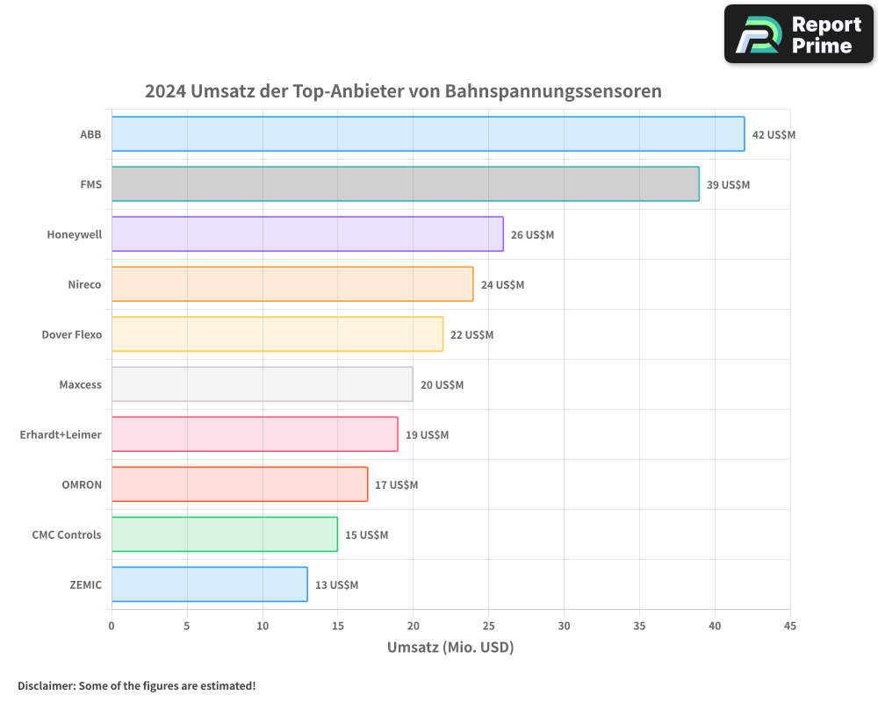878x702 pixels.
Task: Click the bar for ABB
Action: (428, 134)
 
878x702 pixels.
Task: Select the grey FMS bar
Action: (405, 184)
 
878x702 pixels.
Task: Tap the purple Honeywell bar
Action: (307, 234)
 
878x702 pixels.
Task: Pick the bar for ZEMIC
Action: (209, 584)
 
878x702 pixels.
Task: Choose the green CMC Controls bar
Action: (224, 534)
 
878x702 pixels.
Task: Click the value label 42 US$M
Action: (774, 135)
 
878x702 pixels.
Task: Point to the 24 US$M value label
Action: (502, 285)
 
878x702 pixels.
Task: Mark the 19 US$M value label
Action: (427, 435)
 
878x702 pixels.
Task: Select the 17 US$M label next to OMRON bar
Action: (397, 485)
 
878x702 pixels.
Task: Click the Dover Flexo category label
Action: (71, 335)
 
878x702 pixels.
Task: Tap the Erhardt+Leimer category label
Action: (61, 435)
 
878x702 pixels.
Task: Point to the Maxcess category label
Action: (80, 385)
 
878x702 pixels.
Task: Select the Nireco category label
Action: (84, 285)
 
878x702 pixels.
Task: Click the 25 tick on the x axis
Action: (488, 627)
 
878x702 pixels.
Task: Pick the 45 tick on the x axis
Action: (790, 627)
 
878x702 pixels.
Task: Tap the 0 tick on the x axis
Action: (112, 627)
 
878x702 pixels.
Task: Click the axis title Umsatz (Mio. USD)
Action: (450, 648)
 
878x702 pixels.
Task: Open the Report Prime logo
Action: (798, 34)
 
